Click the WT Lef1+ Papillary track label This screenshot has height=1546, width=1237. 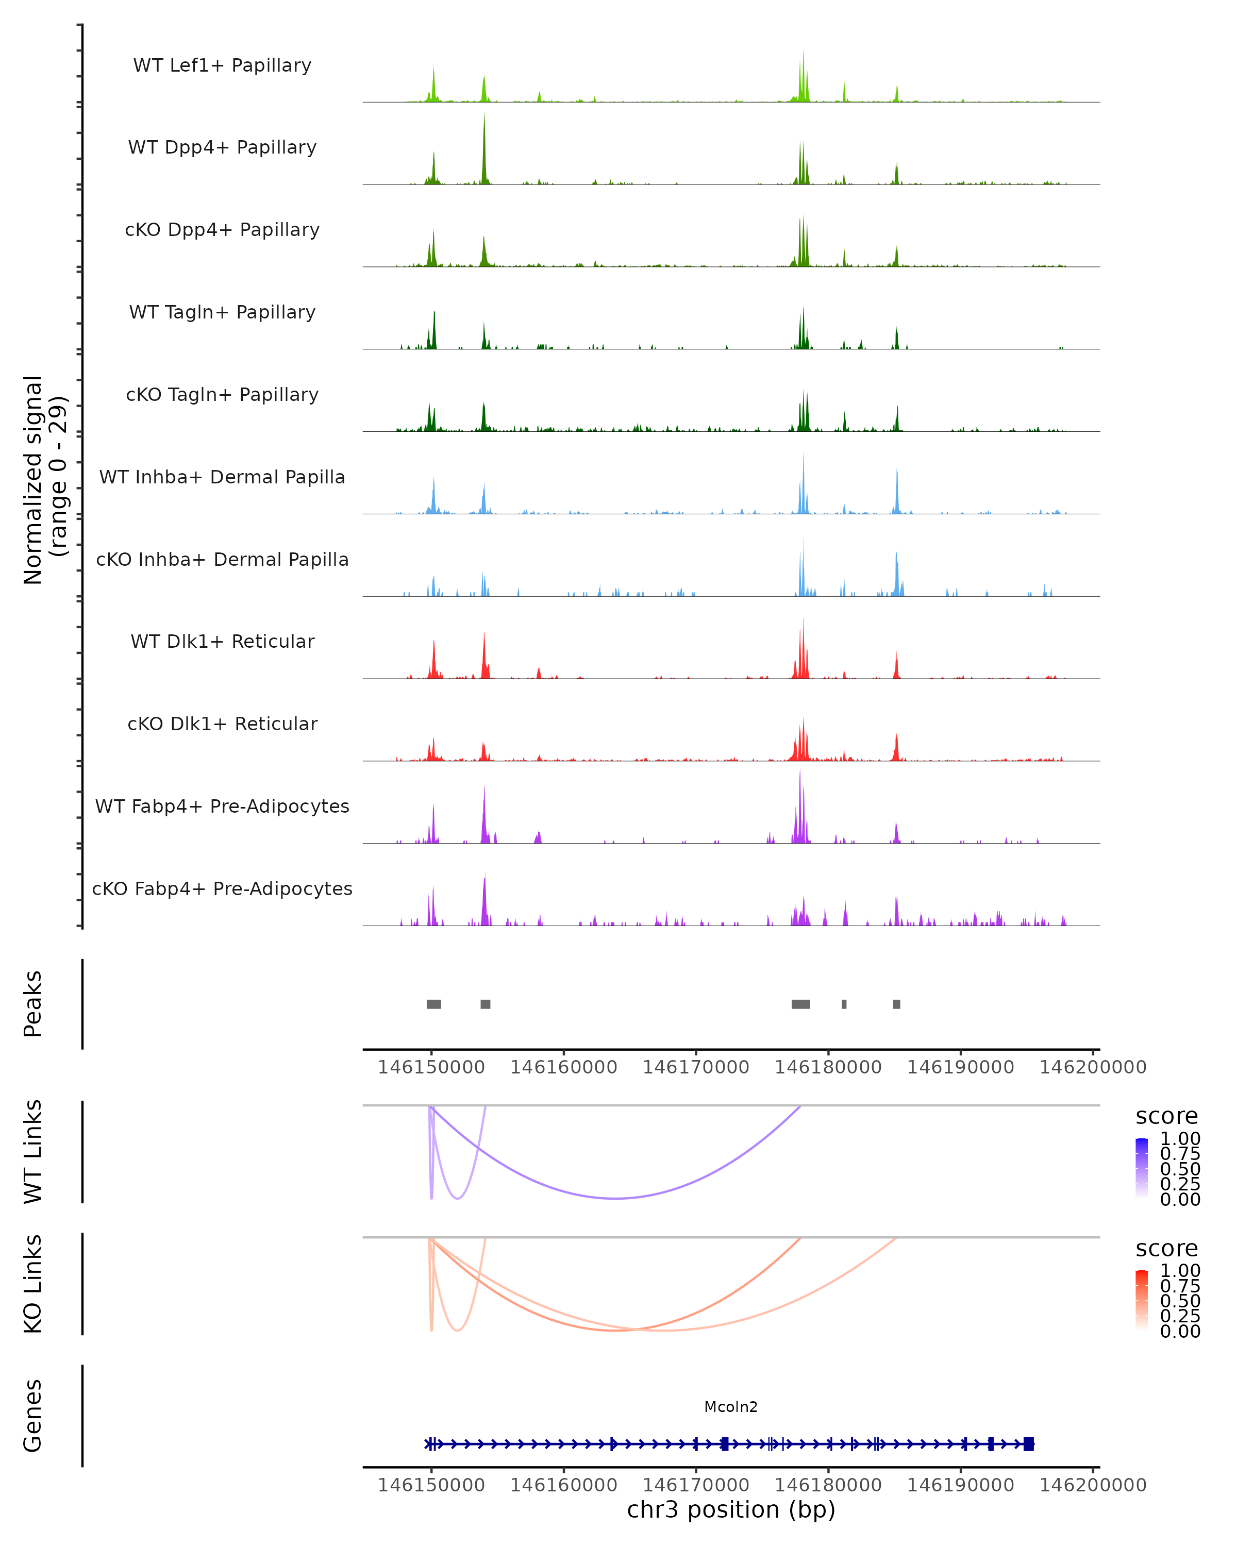[222, 65]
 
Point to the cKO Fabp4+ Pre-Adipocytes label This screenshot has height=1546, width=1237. [222, 888]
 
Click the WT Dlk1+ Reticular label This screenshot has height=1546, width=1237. [222, 641]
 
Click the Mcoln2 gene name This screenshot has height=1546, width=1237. [731, 1407]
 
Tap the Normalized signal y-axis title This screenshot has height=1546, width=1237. [44, 480]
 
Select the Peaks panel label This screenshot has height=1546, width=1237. [32, 1004]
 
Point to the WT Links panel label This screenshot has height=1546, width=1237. [32, 1152]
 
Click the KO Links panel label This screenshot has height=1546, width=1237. [32, 1284]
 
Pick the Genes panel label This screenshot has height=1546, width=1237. [32, 1416]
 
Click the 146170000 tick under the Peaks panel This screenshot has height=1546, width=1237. [696, 1067]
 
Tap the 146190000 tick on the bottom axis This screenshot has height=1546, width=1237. [960, 1485]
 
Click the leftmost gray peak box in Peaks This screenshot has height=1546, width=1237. [434, 1004]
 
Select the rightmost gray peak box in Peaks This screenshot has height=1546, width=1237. [896, 1004]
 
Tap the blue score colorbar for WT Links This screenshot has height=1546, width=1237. [1142, 1168]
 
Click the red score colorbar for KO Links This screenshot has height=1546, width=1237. [1142, 1300]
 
